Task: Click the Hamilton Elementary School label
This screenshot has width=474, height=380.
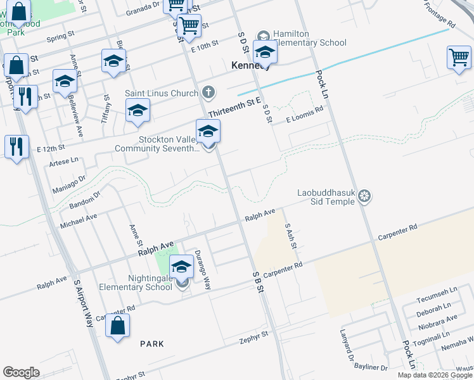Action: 309,38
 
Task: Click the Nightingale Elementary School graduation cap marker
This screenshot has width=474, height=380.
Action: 181,267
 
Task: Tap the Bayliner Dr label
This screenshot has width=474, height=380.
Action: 371,367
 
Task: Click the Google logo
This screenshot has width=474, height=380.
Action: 21,372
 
